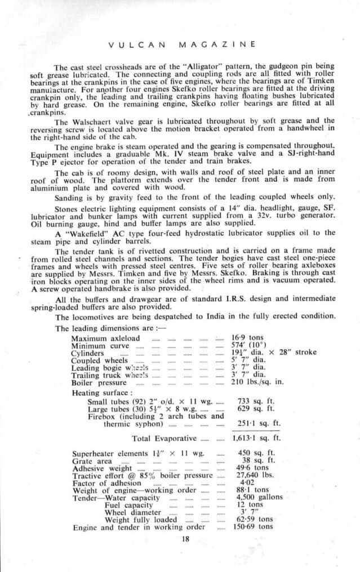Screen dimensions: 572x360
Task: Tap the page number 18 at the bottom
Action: pos(185,540)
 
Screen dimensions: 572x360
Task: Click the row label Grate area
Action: pos(89,460)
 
